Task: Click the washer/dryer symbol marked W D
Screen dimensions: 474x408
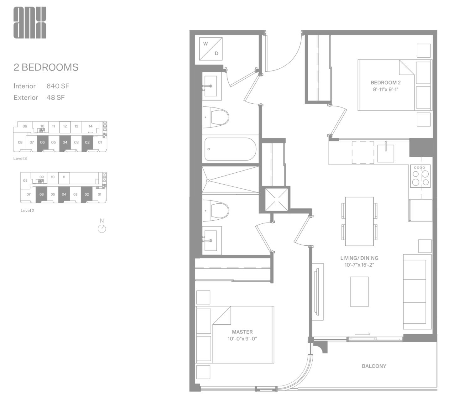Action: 211,49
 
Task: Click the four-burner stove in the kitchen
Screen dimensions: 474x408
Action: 420,176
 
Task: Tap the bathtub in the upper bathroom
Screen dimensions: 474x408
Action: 230,149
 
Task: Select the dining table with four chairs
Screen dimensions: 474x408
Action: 359,221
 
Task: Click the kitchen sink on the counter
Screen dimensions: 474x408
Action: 385,152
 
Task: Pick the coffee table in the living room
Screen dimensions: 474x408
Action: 359,292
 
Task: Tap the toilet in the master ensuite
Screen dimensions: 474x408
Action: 216,211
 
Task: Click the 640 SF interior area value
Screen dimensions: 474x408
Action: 58,86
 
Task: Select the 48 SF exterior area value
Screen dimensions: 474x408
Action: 55,97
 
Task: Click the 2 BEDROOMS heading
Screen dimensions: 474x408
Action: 46,67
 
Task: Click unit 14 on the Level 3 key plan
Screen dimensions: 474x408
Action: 91,126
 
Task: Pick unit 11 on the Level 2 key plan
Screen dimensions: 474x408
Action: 64,177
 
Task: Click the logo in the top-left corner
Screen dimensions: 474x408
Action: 30,23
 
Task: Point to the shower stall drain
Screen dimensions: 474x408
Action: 208,181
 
